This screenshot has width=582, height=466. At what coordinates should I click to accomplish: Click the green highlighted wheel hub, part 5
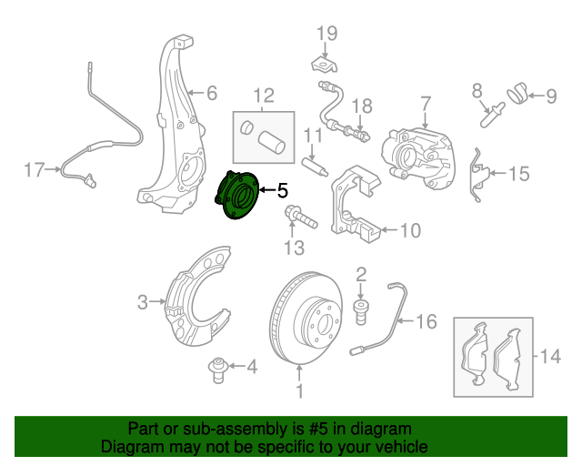coord(237,194)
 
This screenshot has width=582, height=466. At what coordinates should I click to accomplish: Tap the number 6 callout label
coord(212,93)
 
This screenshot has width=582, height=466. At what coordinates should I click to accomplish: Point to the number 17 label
coord(34,169)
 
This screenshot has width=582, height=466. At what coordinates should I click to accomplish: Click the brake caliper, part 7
coord(419,150)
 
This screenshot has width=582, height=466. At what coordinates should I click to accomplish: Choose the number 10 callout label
coord(410,231)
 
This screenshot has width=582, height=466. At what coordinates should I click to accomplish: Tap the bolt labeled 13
coord(300,219)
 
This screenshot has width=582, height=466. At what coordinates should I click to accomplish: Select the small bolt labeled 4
coord(216,369)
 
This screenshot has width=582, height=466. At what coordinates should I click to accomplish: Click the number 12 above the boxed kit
coord(264,95)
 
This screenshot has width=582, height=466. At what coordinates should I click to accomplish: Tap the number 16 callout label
coord(426,321)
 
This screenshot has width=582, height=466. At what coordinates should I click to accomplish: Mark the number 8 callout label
coord(477,91)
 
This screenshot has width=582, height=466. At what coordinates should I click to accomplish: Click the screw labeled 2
coord(359,310)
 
